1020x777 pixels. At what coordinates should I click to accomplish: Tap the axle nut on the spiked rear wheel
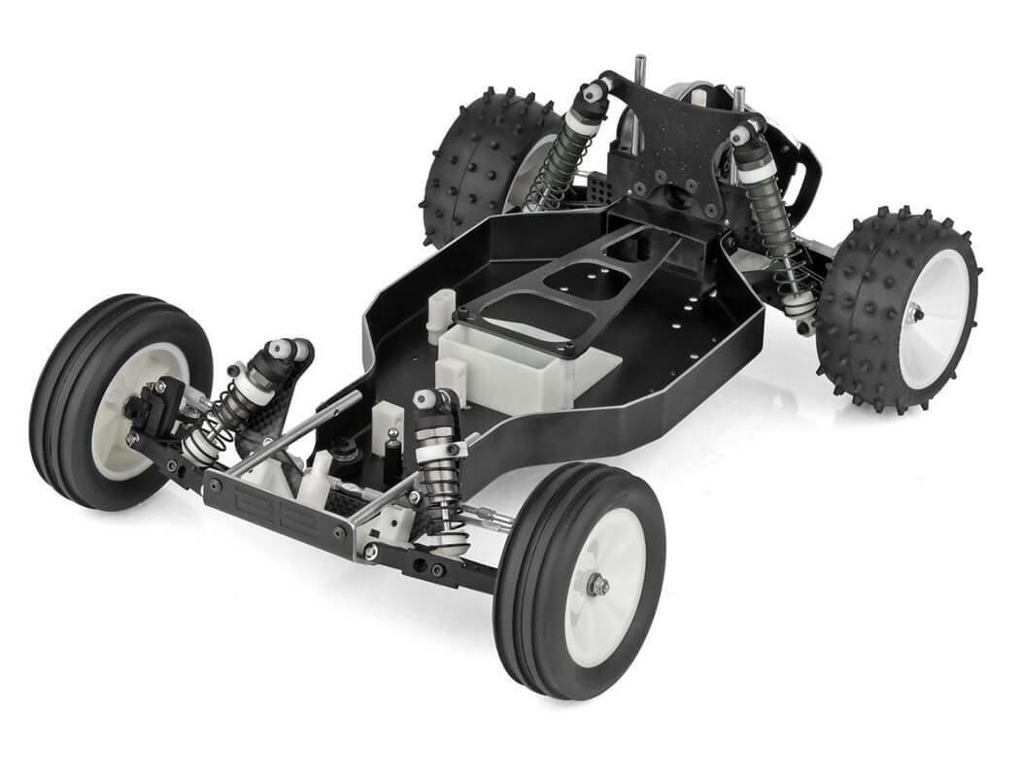point(915,312)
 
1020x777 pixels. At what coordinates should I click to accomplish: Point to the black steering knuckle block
point(155,408)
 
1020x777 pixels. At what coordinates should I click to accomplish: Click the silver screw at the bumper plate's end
point(371,552)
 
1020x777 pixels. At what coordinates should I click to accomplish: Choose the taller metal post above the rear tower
point(640,73)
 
